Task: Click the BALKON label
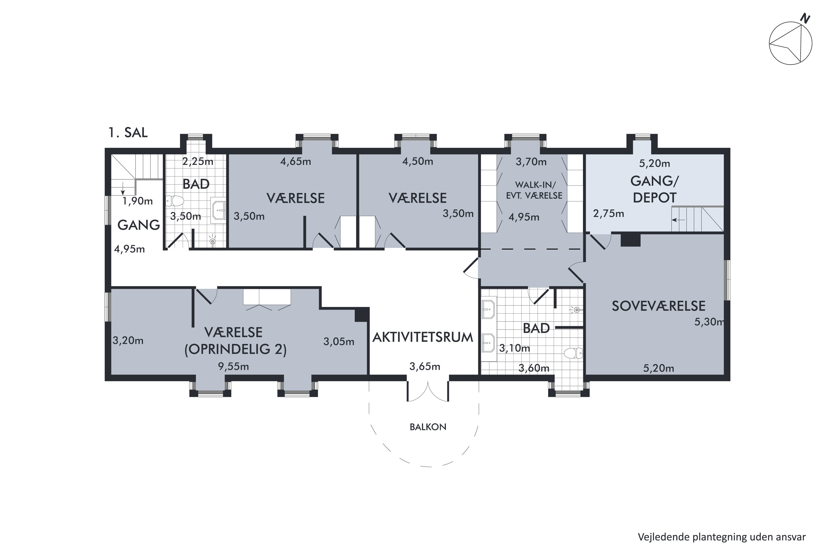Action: coord(428,427)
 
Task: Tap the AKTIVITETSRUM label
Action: coord(423,337)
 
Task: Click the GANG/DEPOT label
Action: coord(654,189)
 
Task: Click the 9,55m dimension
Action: coord(234,366)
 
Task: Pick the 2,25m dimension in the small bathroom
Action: coord(198,162)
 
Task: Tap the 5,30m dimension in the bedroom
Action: coord(709,322)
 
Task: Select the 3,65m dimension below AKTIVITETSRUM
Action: coord(425,366)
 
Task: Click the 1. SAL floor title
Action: coord(128,133)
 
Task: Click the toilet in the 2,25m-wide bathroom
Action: coord(175,201)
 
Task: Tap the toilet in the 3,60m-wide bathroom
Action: coord(573,353)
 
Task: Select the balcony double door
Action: coord(427,391)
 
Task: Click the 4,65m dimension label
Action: coord(296,162)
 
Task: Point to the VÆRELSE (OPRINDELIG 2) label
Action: coord(235,341)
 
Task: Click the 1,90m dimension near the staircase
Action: coord(138,201)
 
